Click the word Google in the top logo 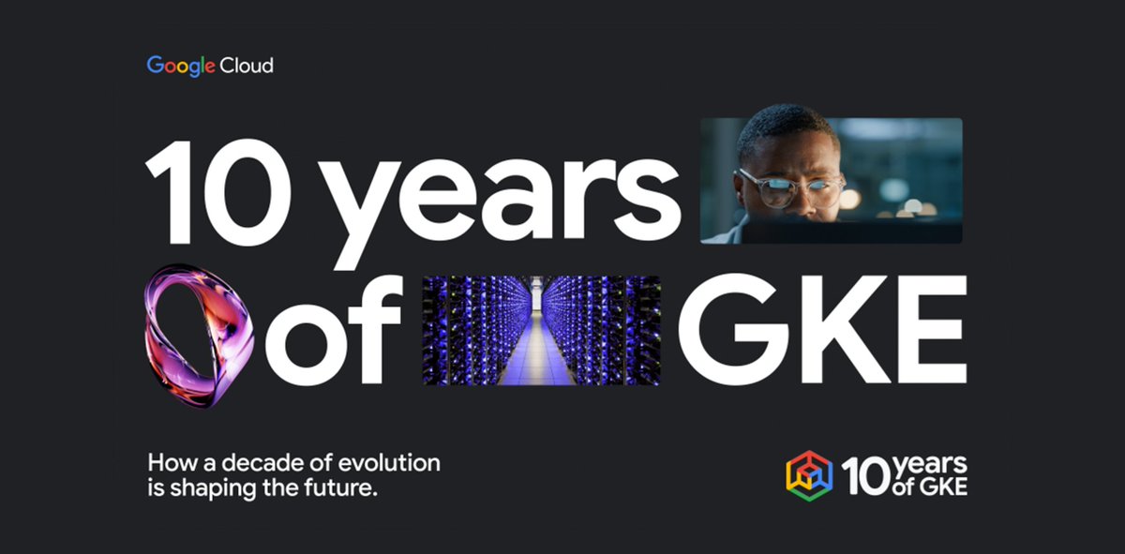pyautogui.click(x=180, y=66)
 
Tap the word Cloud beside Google pyautogui.click(x=247, y=66)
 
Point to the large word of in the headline pyautogui.click(x=333, y=330)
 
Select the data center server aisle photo pyautogui.click(x=541, y=330)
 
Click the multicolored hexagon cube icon pyautogui.click(x=809, y=476)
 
